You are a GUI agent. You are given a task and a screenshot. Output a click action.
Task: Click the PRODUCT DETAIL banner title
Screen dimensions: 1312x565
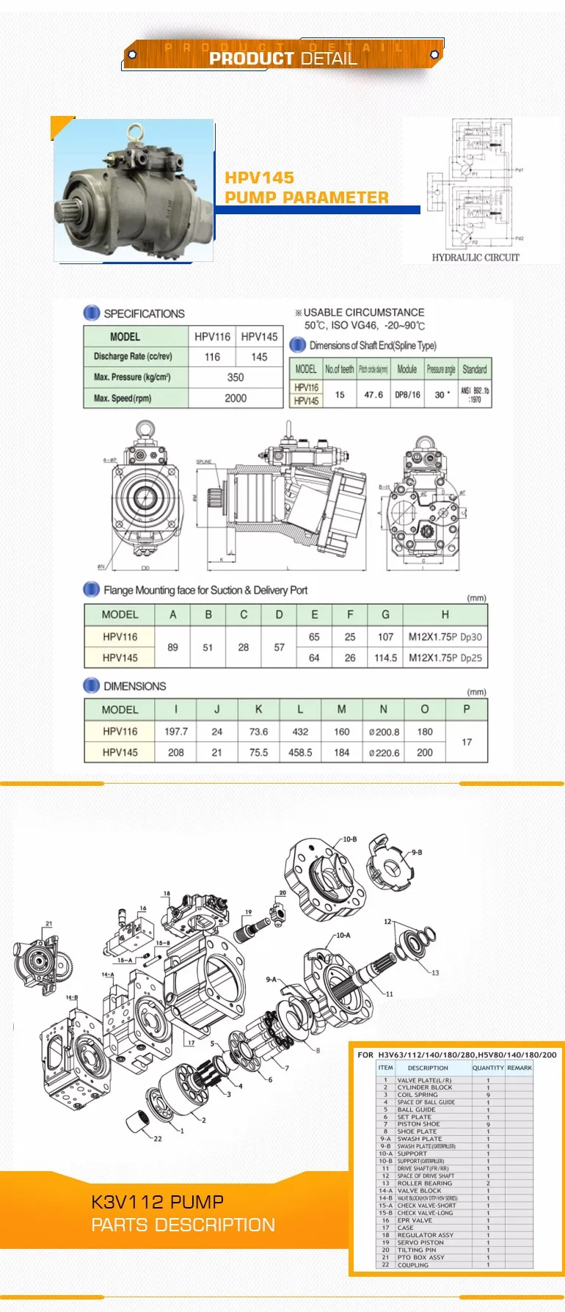point(282,58)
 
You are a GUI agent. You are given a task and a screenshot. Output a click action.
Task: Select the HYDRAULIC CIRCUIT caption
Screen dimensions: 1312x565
point(475,258)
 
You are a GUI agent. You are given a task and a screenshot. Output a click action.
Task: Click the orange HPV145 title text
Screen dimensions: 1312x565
point(259,178)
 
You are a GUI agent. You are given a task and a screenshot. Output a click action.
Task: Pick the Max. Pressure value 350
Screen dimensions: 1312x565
point(235,377)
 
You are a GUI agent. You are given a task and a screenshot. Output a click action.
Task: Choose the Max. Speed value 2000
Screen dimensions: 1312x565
point(235,398)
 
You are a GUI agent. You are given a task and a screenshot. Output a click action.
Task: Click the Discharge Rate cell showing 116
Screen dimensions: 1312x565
point(212,357)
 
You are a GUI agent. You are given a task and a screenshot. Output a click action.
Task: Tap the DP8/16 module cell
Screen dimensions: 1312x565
point(407,394)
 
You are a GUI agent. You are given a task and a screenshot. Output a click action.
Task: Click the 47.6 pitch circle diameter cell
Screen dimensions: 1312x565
point(373,394)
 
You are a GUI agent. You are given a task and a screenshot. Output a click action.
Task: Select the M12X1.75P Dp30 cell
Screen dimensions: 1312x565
point(445,637)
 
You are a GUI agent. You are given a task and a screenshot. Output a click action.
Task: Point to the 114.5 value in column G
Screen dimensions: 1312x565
point(385,658)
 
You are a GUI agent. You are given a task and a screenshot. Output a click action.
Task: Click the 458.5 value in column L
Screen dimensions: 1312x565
point(300,752)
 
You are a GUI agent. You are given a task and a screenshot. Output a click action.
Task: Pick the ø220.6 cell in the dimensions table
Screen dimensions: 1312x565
point(384,752)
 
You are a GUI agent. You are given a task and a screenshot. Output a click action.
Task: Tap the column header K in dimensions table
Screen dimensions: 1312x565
point(258,710)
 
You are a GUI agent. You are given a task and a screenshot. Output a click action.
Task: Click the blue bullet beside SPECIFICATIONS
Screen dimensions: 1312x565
point(92,313)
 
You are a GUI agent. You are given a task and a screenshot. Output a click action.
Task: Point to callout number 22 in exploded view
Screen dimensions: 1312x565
point(158,1138)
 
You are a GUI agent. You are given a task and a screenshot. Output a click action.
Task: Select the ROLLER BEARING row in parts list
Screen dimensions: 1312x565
point(425,1183)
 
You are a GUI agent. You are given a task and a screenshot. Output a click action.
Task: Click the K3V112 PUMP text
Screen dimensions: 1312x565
point(157,1202)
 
